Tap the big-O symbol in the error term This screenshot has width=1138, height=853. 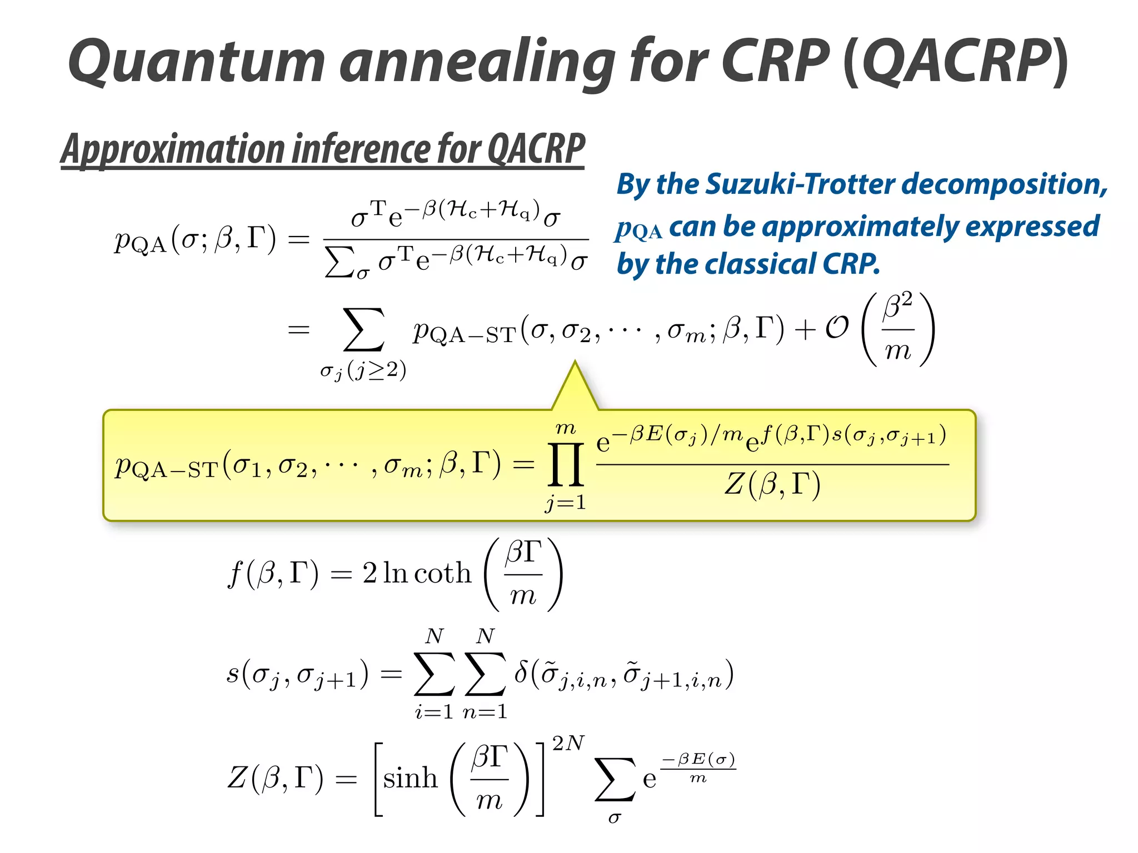pos(837,329)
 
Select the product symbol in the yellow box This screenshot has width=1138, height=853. pos(566,464)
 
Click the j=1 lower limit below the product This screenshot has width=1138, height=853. pos(565,503)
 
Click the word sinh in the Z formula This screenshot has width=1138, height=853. pos(410,778)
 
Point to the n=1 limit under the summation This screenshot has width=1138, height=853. pos(485,712)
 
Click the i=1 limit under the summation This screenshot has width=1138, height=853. pos(434,712)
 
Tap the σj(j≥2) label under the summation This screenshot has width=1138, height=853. pos(363,370)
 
